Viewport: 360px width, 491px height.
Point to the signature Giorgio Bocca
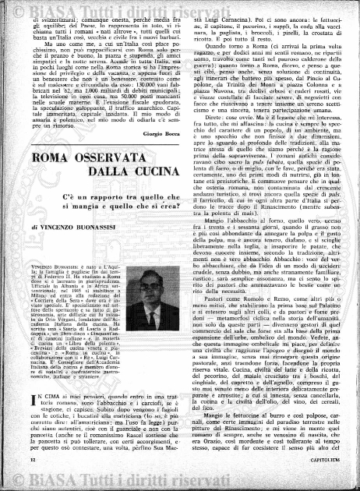(x=161, y=157)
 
